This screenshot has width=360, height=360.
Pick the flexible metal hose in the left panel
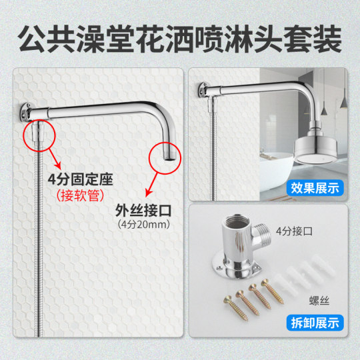click(x=32, y=253)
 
